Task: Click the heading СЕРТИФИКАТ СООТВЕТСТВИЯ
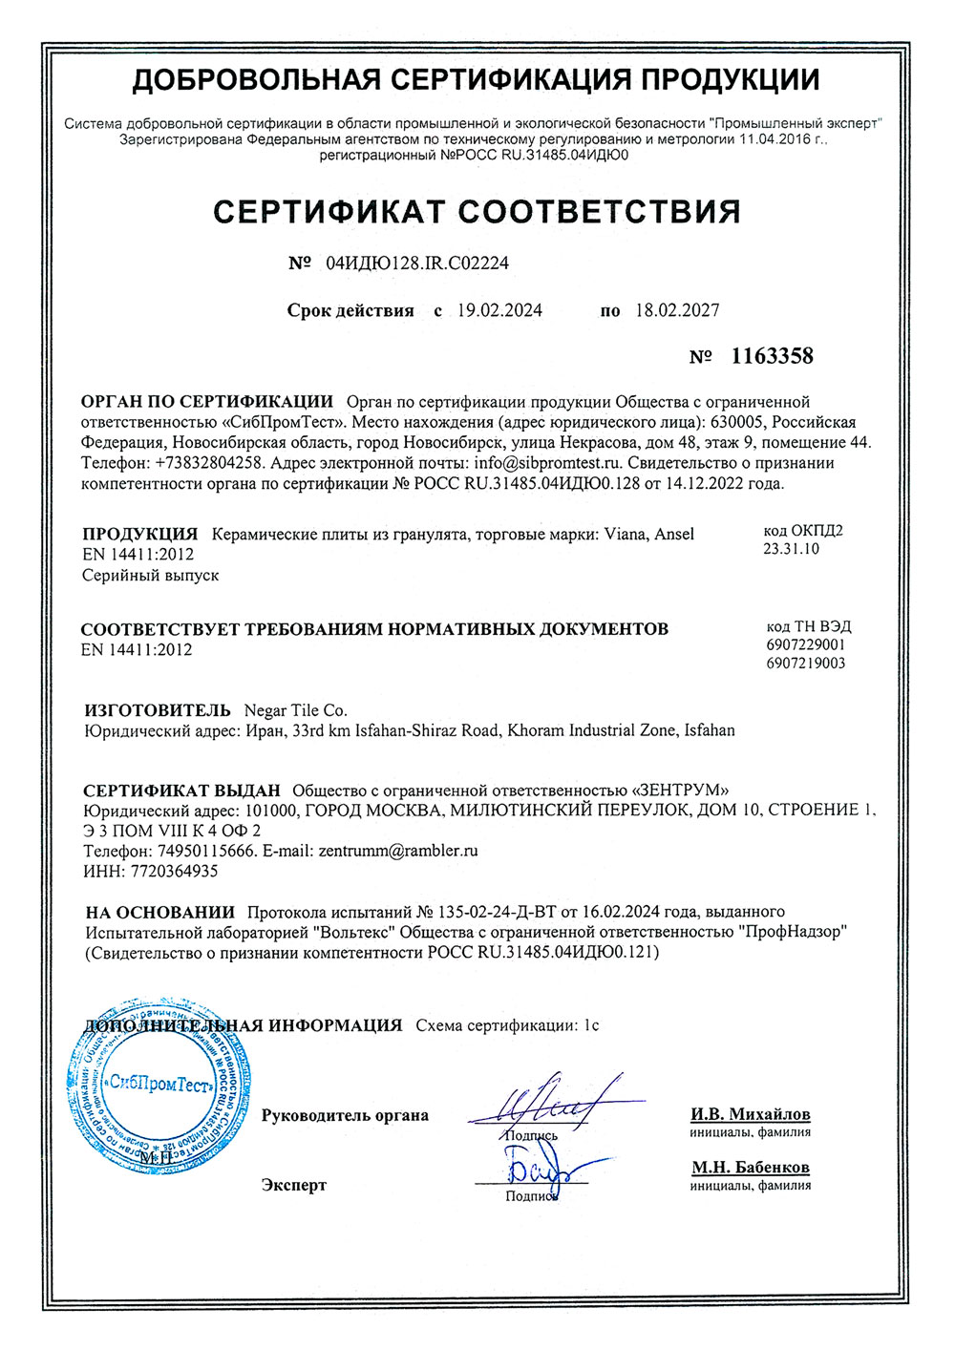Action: point(477,211)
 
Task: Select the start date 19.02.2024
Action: point(499,310)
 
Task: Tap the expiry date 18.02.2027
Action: point(678,310)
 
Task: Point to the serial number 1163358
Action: point(772,357)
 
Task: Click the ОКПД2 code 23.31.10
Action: point(791,549)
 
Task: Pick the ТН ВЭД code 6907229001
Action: point(805,644)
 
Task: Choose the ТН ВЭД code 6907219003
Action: point(805,663)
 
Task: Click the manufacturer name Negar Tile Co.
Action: point(296,710)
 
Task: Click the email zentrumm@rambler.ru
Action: point(398,850)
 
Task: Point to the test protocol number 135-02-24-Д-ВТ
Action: point(498,912)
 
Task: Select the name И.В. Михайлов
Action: point(751,1114)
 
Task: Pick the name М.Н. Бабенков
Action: point(751,1168)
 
